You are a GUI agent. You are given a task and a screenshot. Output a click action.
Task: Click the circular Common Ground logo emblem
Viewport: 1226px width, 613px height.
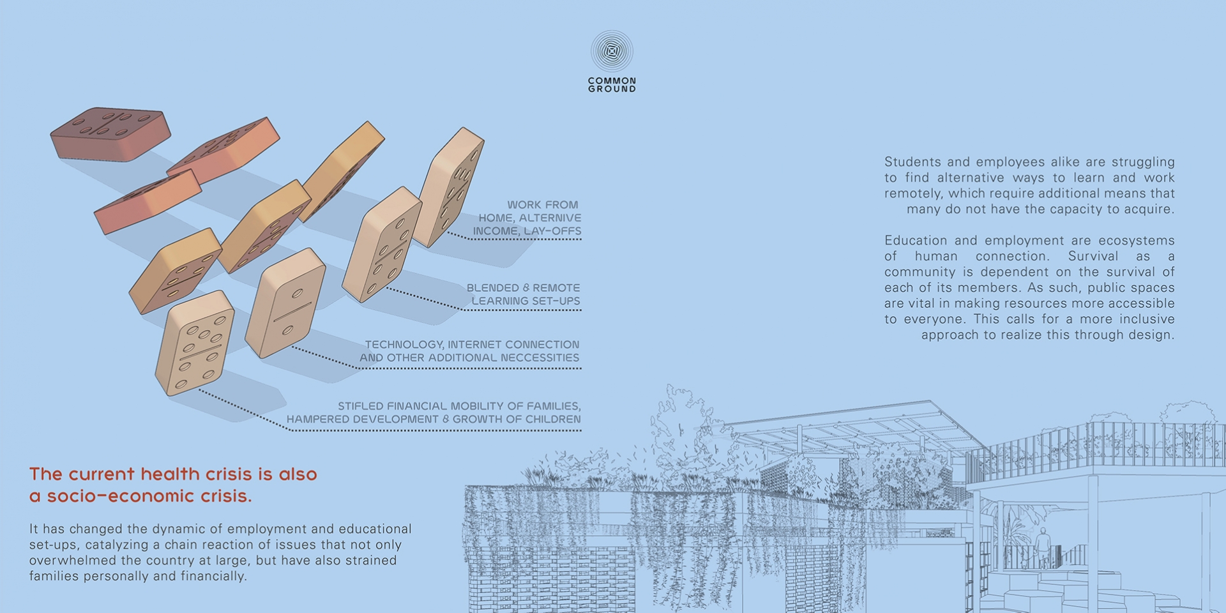coord(612,51)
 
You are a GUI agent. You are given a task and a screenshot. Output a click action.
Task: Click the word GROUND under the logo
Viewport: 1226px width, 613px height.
coord(612,89)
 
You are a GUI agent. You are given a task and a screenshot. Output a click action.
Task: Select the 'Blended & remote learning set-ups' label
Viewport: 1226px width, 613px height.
coord(524,294)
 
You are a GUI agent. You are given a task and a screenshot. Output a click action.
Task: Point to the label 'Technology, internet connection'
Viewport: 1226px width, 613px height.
coord(473,345)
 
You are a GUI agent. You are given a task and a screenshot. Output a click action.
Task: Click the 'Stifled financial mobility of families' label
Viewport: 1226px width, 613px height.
coord(459,406)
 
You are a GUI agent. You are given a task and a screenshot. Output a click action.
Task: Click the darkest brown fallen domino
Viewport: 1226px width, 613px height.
coord(110,133)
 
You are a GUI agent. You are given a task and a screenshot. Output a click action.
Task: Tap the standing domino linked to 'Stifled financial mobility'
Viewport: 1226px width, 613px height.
coord(194,343)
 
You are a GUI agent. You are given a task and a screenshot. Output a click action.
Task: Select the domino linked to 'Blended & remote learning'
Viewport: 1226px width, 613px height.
coord(382,245)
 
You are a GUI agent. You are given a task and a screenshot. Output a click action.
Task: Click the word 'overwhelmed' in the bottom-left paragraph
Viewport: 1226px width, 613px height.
coord(72,561)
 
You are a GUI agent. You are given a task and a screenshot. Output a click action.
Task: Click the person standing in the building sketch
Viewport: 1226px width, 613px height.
coord(1042,547)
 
